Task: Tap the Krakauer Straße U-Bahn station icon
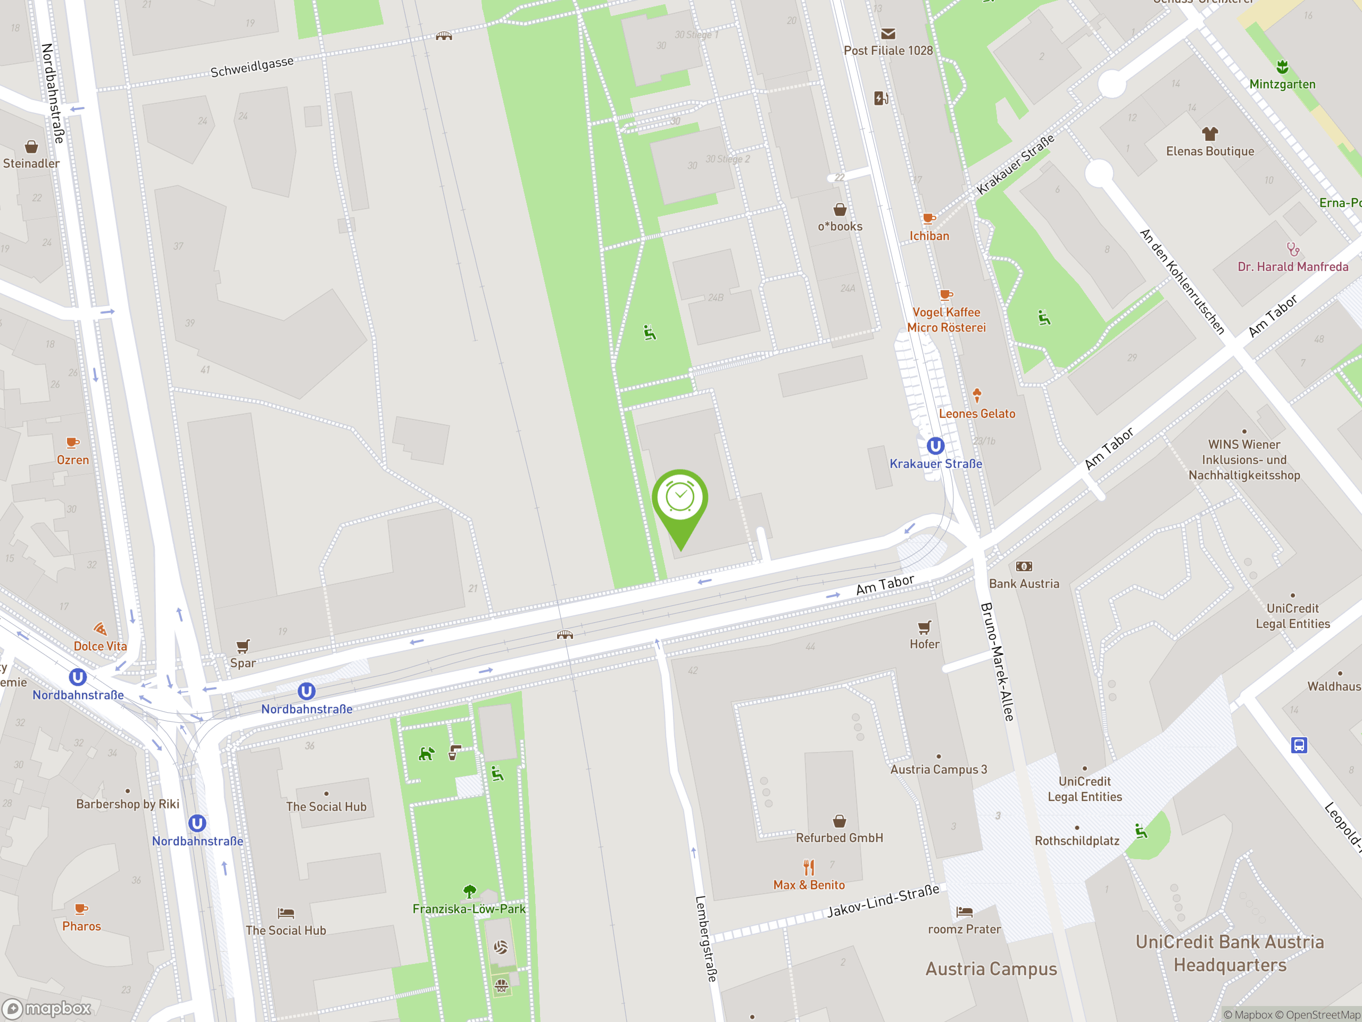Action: [935, 446]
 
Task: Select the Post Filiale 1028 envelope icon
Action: [888, 34]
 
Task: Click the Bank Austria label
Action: [1024, 583]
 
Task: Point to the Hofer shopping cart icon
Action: [924, 628]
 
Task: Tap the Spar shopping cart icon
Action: [243, 646]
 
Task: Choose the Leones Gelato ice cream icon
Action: [977, 395]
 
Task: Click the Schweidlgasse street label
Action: [252, 67]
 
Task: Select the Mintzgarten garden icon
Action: [1282, 67]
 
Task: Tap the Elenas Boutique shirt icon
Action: [1209, 134]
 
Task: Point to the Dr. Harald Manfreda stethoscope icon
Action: [1292, 250]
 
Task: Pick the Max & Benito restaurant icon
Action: [809, 868]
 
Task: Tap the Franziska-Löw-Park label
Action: [469, 909]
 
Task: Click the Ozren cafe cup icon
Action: [73, 442]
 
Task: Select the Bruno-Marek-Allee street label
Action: [996, 662]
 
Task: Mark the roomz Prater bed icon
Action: [964, 912]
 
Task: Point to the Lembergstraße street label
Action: [706, 937]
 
